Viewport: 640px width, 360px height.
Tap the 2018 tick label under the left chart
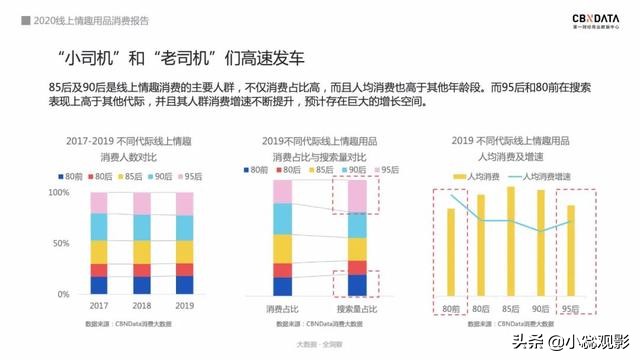click(142, 306)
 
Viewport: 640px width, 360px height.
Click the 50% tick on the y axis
click(60, 244)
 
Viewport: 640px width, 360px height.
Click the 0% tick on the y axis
click(63, 295)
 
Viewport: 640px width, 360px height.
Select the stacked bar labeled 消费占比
click(283, 238)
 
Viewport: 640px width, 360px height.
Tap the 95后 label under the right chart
click(572, 309)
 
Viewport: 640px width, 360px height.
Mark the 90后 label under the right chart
click(542, 309)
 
